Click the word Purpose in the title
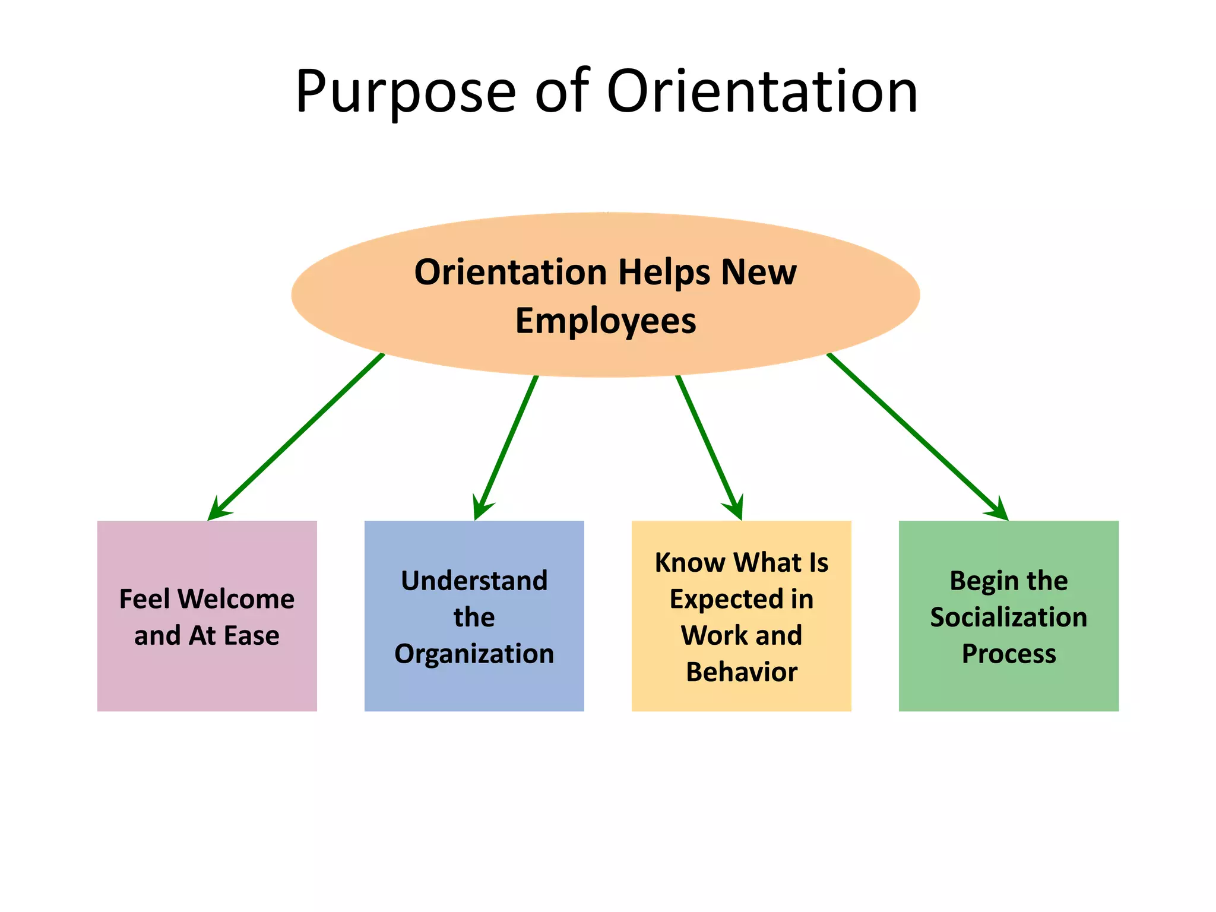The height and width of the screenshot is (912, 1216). pos(406,93)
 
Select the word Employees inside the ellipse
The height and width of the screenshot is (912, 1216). pos(606,321)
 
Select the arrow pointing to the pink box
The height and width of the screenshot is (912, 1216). pos(297,436)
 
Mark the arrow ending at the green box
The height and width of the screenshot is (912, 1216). pos(917,436)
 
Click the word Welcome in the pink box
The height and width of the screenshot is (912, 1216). pos(236,599)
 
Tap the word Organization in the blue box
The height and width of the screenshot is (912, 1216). pos(474,654)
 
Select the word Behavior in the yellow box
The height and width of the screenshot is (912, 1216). pos(742,672)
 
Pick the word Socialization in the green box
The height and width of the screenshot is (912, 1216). pos(1008,617)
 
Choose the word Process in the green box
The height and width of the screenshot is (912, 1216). pos(1009,654)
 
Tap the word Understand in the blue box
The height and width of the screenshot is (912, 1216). pos(474,581)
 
